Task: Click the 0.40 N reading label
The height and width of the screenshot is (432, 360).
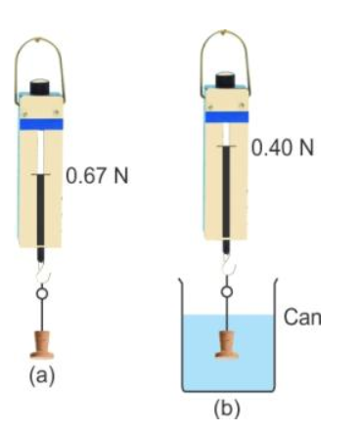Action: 282,150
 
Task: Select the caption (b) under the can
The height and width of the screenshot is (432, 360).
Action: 226,403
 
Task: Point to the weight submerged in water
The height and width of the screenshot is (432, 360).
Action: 227,344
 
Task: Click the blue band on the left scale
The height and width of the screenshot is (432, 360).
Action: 40,124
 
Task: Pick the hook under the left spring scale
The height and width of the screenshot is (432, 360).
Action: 41,265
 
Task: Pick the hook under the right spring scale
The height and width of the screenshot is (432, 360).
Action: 226,262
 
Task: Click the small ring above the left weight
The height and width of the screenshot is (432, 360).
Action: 41,291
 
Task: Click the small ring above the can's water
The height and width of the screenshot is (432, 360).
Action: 226,290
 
